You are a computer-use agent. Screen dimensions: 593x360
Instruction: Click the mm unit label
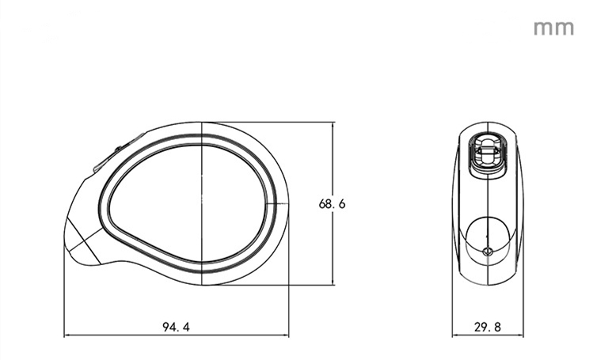coord(553,28)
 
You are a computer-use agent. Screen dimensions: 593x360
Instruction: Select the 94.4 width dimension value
coord(176,327)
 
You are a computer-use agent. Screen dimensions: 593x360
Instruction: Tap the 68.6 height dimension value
coord(332,204)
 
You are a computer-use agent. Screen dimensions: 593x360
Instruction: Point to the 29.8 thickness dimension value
coord(488,327)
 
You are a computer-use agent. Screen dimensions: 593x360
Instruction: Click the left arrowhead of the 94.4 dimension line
coord(67,335)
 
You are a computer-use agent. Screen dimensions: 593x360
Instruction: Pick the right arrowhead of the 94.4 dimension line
coord(285,335)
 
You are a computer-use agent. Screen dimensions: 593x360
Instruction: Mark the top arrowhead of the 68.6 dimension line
coord(333,126)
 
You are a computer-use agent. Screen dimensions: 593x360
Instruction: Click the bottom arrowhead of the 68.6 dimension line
coord(333,282)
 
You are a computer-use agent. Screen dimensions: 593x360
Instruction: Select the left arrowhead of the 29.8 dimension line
coord(456,335)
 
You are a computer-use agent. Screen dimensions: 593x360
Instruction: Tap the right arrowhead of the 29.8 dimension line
coord(520,335)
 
